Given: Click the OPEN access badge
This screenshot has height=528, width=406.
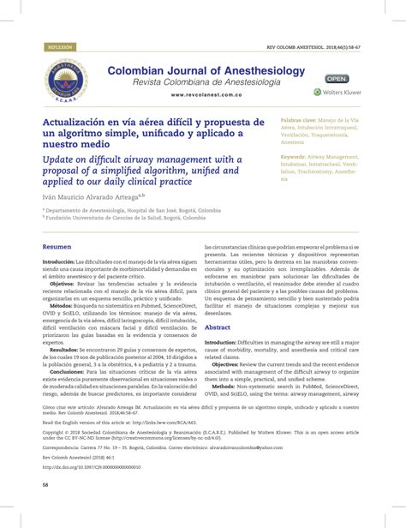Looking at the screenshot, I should tap(337, 78).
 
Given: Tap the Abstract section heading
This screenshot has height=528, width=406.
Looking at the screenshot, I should tap(218, 327).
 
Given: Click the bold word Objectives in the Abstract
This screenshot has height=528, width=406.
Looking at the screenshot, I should tap(230, 364).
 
